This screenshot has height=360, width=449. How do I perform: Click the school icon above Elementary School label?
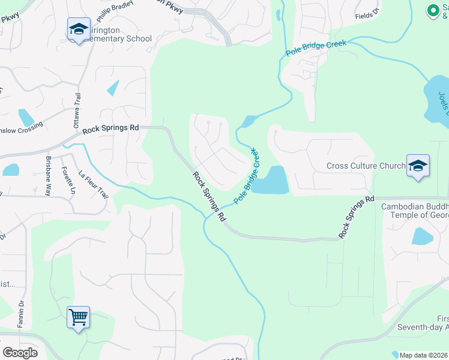(78, 30)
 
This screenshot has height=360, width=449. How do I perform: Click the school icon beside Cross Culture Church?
(418, 166)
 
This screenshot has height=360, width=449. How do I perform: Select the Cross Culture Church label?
(366, 166)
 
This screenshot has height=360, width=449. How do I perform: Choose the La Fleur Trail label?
(92, 185)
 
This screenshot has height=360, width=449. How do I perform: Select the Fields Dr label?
(367, 15)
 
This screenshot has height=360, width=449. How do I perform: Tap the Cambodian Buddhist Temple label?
(415, 211)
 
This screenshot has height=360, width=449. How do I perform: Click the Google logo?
(20, 353)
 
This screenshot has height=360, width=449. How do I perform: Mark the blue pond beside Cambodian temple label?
(422, 236)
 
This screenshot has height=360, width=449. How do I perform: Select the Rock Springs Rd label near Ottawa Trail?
(111, 128)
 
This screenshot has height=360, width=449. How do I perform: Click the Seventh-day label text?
(423, 327)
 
